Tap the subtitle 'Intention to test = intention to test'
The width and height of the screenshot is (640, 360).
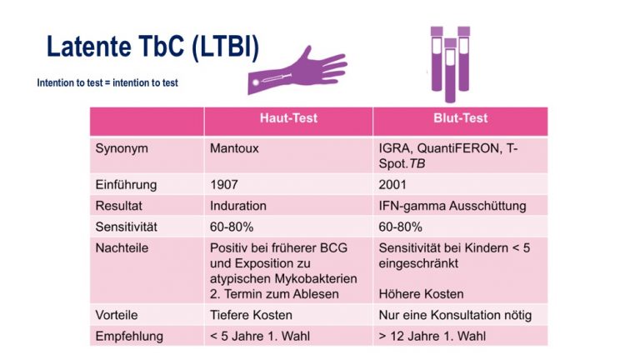[107, 82]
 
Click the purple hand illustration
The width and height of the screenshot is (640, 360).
[297, 71]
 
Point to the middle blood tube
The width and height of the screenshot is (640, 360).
[450, 71]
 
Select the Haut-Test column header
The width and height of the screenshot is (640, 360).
[288, 118]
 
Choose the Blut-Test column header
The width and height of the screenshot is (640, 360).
[460, 118]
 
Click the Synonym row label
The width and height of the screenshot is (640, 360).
[122, 148]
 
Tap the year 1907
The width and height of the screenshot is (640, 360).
[224, 184]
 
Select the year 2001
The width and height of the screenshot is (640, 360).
[392, 184]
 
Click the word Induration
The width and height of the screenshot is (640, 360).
[238, 206]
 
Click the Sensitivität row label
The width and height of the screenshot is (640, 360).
[126, 227]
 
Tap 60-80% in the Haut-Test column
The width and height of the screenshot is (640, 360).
[232, 227]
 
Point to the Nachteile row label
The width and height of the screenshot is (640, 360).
[122, 247]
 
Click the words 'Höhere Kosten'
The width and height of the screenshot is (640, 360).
[421, 294]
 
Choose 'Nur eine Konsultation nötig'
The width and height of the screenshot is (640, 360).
[455, 315]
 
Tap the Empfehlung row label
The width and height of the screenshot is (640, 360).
[129, 337]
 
